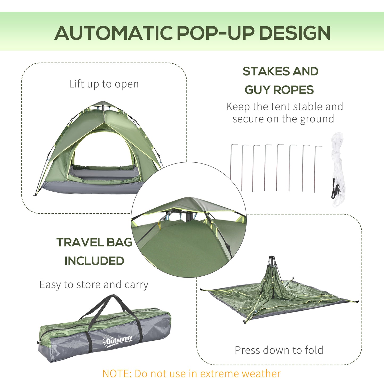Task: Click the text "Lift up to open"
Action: tap(104, 84)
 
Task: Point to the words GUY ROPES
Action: tap(279, 90)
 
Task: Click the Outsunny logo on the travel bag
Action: tap(117, 339)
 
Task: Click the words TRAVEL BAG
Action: tap(94, 242)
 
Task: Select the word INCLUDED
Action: tap(94, 261)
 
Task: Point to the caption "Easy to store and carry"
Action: tap(94, 285)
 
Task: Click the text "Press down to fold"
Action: tap(279, 350)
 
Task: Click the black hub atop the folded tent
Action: tap(272, 259)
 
